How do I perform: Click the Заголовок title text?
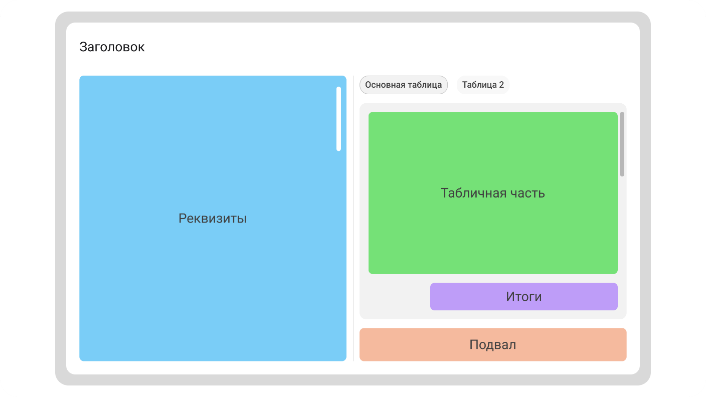point(112,47)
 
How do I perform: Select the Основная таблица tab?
point(403,85)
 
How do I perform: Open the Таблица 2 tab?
point(482,85)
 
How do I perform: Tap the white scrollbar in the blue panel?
point(338,119)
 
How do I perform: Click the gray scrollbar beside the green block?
point(622,144)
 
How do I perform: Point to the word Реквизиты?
point(213,219)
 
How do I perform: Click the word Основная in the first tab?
point(385,85)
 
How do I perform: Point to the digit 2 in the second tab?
point(501,85)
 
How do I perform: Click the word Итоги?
point(523,297)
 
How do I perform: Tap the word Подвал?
point(493,345)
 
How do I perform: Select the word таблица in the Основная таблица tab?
point(424,85)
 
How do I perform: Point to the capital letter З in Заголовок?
point(83,47)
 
